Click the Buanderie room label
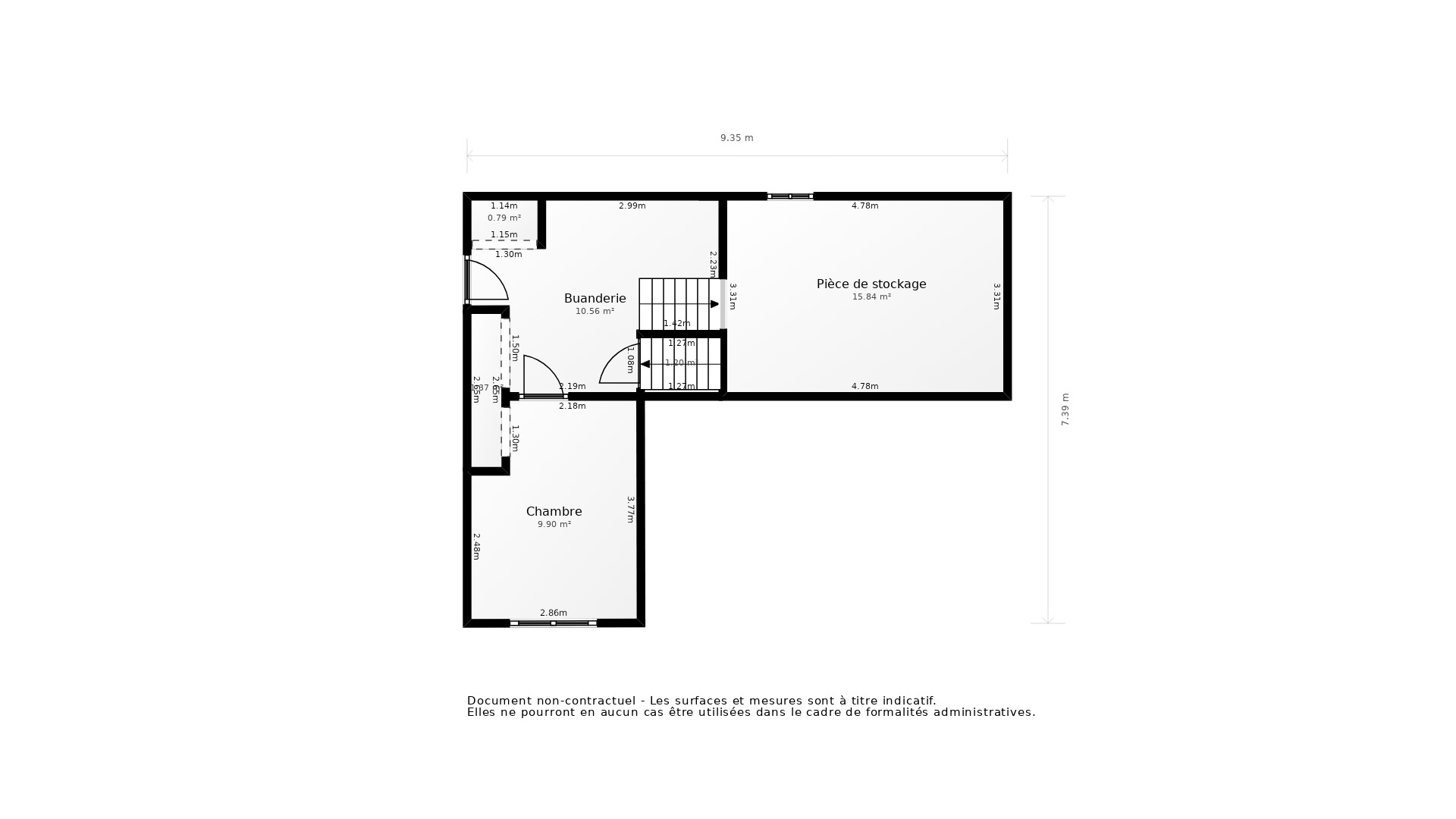click(595, 299)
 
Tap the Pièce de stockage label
click(871, 284)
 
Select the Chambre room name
click(554, 512)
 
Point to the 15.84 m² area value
click(871, 297)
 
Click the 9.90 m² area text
click(554, 525)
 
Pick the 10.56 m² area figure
click(595, 312)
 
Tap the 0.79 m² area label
click(504, 218)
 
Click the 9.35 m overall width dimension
click(736, 138)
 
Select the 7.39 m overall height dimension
click(1065, 409)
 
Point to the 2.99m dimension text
click(632, 206)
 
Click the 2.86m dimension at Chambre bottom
click(553, 613)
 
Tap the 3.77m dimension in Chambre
click(630, 510)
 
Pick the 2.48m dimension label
click(476, 547)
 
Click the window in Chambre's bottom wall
click(553, 623)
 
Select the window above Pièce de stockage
click(789, 196)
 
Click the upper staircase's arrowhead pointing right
click(714, 304)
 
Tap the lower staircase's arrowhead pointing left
click(645, 364)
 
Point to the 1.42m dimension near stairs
click(676, 324)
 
